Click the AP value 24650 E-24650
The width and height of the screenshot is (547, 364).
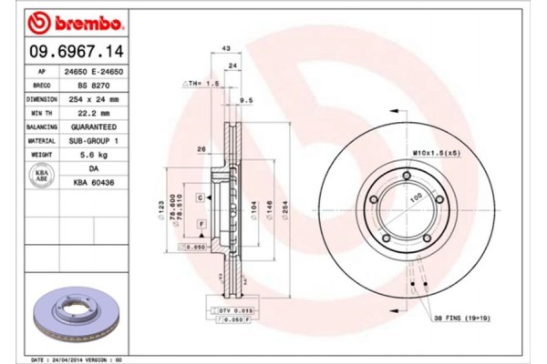point(98,69)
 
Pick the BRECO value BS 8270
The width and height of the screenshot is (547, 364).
point(98,84)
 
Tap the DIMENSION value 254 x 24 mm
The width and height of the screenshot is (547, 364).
point(98,98)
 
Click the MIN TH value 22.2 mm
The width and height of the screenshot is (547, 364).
point(98,112)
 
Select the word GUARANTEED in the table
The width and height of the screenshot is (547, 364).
point(98,127)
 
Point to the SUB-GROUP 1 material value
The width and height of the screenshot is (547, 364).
point(98,142)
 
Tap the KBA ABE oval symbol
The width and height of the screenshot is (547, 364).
point(41,176)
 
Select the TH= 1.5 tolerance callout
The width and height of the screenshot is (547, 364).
point(203,83)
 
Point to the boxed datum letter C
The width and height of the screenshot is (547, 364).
point(199,196)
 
